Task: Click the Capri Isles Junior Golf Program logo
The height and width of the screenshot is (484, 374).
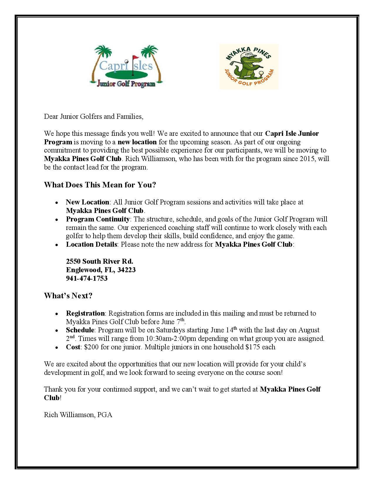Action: point(126,67)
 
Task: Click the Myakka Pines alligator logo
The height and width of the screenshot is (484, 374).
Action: point(249,67)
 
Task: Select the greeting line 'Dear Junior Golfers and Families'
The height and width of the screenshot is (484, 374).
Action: point(94,116)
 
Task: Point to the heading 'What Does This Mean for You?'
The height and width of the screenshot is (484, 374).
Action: point(100,185)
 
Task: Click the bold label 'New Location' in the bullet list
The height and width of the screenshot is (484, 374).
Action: point(87,202)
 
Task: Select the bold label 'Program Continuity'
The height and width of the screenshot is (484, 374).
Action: point(98,219)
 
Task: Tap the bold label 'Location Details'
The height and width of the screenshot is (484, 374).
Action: point(92,244)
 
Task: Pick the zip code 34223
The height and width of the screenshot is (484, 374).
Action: point(126,270)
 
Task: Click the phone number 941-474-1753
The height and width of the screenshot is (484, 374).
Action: point(87,278)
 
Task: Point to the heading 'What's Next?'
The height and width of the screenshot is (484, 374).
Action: point(68,296)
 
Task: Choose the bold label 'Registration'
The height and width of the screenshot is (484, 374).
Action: point(85,313)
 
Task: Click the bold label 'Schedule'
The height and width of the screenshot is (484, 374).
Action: point(80,330)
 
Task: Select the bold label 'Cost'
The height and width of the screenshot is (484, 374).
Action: point(73,347)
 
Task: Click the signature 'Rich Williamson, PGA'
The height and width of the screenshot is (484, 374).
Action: point(78,415)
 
